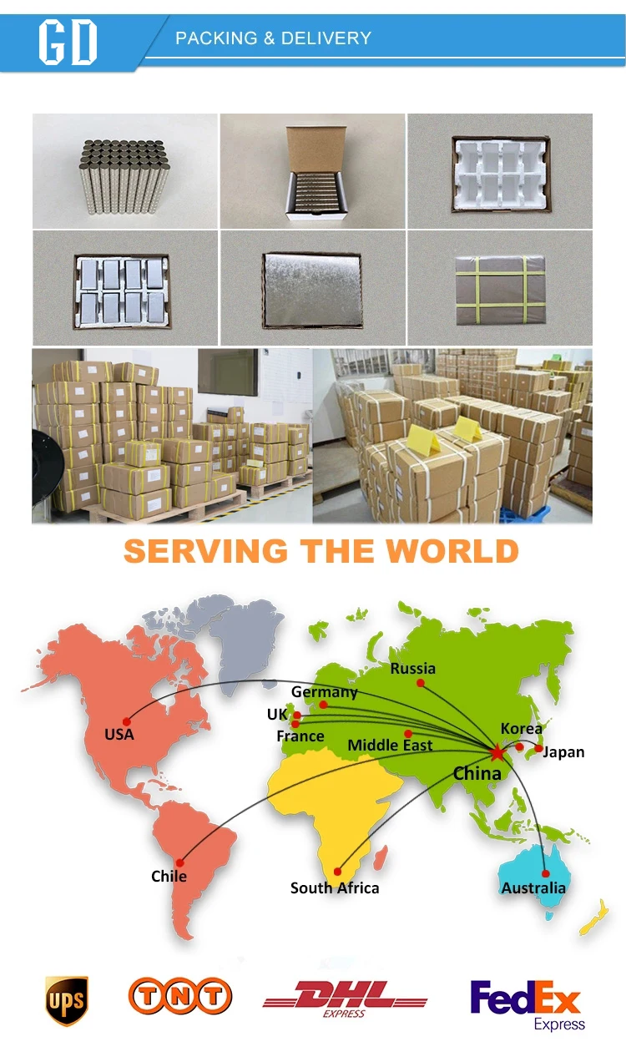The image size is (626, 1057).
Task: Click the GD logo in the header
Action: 68,41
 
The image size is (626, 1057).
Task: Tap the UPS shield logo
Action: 66,999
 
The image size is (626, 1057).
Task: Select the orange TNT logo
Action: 180,996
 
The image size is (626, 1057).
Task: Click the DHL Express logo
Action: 345,999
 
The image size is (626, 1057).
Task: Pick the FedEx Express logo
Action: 527,1004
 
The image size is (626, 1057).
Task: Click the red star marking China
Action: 497,752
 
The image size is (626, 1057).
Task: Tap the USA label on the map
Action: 119,735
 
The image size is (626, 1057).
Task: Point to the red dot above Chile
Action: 179,862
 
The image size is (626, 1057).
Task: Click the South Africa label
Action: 335,888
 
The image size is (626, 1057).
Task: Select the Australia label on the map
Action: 533,888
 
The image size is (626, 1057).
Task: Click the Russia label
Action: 413,668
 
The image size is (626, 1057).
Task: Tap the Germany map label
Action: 325,692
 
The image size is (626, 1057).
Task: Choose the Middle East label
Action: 390,745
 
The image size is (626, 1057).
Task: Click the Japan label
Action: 564,751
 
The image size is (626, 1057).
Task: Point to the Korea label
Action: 522,728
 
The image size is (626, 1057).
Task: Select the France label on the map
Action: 300,736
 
